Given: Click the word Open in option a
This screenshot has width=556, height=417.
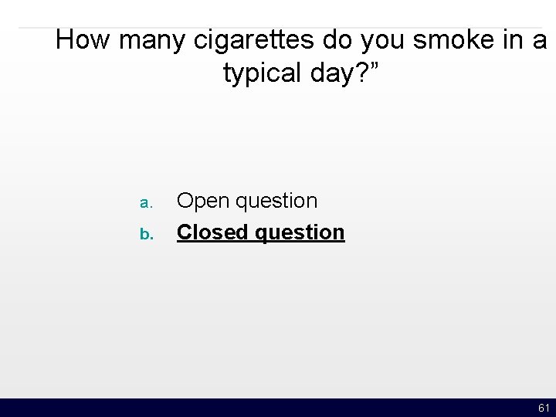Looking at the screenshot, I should pyautogui.click(x=203, y=201).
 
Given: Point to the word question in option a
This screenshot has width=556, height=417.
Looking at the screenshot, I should pyautogui.click(x=276, y=202).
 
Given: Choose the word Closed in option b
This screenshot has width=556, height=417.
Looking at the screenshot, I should pyautogui.click(x=212, y=232).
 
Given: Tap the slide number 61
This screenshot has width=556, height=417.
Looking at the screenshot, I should pyautogui.click(x=544, y=408).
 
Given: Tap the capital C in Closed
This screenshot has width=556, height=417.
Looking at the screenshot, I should pyautogui.click(x=185, y=232).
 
